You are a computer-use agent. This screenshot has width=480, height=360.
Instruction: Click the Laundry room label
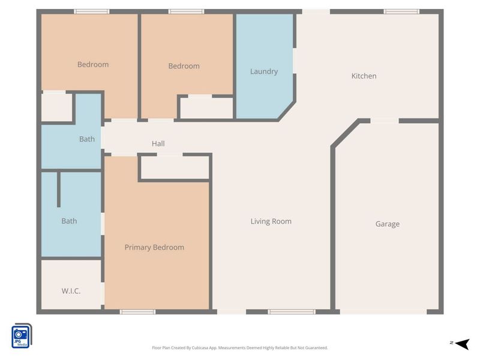click(264, 71)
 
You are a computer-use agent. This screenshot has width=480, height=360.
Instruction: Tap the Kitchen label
click(364, 76)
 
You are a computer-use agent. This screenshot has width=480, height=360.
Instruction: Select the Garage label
click(387, 224)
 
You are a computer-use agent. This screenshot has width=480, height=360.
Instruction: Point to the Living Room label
click(271, 221)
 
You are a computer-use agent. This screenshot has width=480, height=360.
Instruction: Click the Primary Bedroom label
click(154, 247)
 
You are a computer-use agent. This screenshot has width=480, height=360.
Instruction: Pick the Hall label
click(158, 143)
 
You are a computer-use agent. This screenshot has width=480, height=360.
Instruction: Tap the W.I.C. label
click(71, 291)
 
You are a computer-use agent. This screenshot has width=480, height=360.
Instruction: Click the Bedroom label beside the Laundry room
click(184, 66)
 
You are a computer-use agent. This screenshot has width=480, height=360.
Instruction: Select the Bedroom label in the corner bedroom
click(93, 64)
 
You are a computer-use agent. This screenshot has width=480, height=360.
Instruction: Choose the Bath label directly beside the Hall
click(87, 139)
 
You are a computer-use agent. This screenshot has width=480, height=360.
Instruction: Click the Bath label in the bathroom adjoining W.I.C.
click(69, 221)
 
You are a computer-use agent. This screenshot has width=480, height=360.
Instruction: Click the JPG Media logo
click(22, 335)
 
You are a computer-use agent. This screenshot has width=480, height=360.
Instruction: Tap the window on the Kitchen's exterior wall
click(401, 11)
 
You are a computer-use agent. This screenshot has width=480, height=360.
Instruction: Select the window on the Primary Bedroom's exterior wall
click(137, 311)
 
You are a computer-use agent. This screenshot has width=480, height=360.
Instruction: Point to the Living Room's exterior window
click(291, 311)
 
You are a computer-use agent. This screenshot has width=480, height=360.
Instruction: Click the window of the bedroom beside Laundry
click(186, 11)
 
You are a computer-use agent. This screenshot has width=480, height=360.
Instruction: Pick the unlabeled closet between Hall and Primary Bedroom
click(175, 167)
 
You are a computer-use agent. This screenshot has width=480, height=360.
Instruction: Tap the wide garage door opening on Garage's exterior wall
click(383, 311)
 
